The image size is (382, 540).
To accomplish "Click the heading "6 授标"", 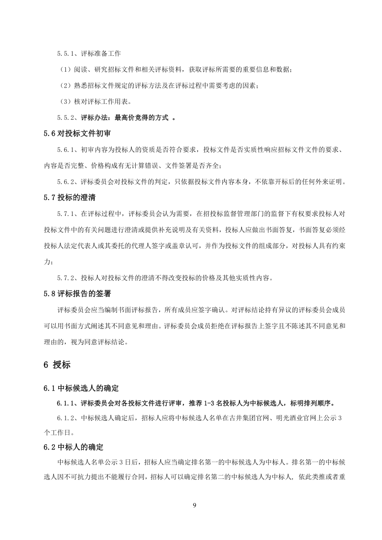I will (x=57, y=365).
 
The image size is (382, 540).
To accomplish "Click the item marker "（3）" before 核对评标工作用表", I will (x=65, y=101).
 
